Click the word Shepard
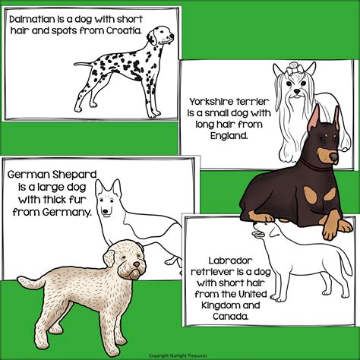pos(74,175)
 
